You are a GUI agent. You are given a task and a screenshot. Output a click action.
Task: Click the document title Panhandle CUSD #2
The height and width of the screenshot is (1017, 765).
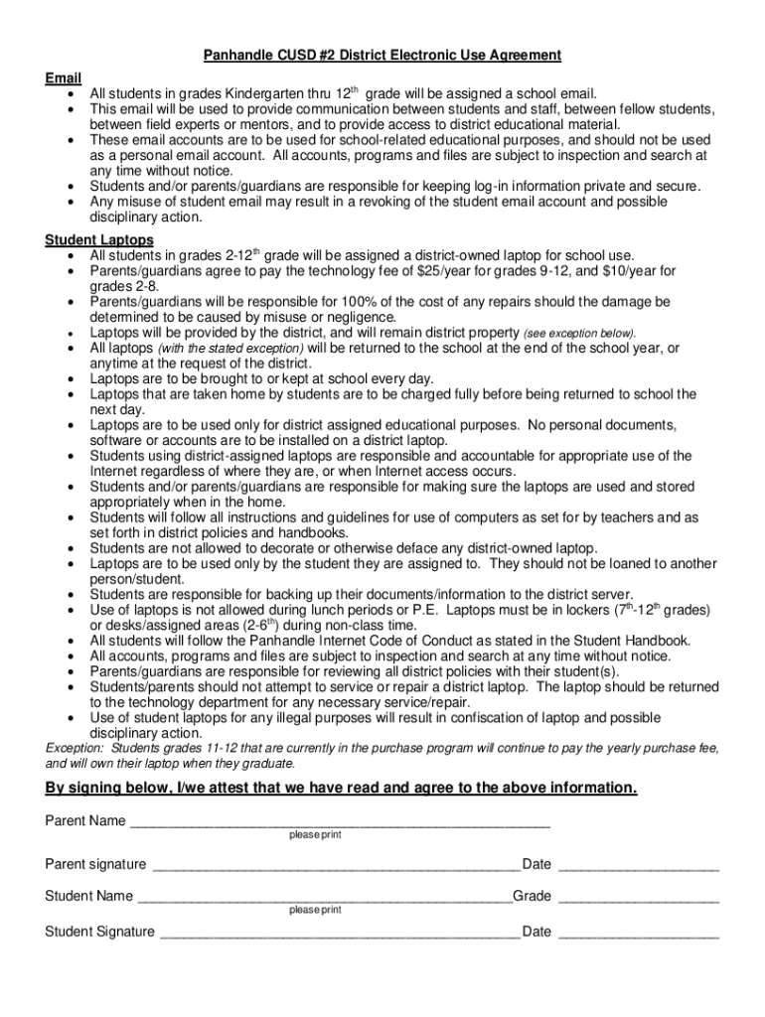point(382,55)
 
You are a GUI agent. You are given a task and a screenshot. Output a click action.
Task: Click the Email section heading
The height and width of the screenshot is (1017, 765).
point(64,77)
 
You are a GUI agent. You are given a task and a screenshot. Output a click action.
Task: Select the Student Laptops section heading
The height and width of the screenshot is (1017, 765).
point(99,240)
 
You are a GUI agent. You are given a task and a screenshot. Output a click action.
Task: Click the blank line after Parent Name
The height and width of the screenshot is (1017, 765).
point(340,821)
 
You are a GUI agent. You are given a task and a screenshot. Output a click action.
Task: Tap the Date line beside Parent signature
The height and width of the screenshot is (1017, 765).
point(639,865)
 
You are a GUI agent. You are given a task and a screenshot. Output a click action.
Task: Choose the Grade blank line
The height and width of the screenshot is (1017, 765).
point(639,897)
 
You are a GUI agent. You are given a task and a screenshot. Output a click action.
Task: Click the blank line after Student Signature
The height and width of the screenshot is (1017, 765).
point(340,933)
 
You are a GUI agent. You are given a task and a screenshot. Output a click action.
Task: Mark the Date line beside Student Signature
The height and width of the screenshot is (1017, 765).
point(639,933)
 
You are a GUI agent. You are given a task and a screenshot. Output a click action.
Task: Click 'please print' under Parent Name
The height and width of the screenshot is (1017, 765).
point(315,835)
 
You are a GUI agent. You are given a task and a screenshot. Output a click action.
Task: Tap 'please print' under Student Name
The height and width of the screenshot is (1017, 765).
point(315,910)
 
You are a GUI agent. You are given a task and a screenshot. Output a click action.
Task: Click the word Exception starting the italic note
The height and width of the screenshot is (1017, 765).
point(76,748)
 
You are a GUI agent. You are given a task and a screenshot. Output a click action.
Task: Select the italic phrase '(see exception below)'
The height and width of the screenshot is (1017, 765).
point(579,333)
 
